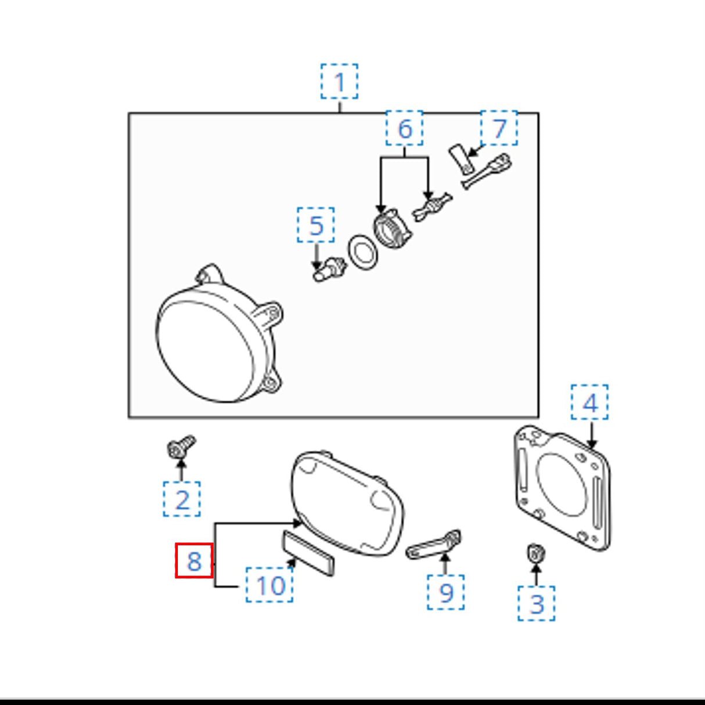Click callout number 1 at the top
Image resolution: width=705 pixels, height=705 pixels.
[339, 81]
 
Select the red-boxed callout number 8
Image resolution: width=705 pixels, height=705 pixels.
[195, 560]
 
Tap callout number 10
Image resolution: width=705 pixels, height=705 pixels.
[269, 585]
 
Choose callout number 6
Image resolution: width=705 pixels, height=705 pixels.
[404, 128]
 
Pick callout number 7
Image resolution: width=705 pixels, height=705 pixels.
[499, 128]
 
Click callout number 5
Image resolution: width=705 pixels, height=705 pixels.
[316, 225]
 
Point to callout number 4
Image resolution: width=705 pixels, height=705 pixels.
[589, 402]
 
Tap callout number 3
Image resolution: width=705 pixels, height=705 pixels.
[537, 603]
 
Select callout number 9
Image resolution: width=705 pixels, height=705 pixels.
[445, 592]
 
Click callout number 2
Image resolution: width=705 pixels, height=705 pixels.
[181, 499]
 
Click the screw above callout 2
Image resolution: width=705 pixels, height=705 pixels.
[181, 447]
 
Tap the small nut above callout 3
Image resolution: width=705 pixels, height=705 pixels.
[536, 554]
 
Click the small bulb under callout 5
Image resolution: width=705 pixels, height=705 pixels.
[329, 269]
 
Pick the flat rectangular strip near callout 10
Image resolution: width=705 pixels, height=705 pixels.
[308, 553]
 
